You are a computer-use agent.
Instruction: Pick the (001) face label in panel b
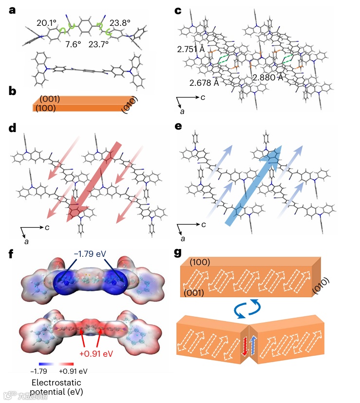[49, 99]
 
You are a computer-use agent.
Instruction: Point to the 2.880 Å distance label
[269, 78]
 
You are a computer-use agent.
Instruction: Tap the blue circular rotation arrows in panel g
[249, 310]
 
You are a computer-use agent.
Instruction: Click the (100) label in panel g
[200, 262]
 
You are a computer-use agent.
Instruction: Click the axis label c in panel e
[203, 225]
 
